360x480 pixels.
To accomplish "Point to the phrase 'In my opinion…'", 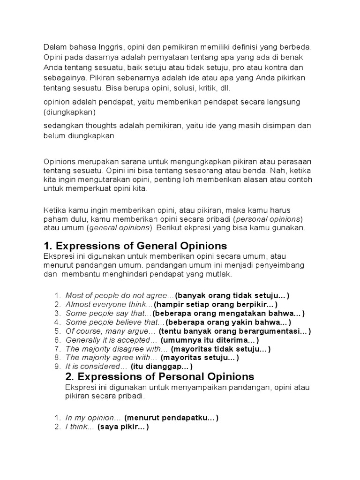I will coord(94,417).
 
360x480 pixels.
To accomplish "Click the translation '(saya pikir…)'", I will coord(123,427).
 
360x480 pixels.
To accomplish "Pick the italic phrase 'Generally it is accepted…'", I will coord(111,340).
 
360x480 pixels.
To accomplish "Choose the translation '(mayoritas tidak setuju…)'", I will coord(220,349).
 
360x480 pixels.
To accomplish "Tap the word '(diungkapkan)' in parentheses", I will coord(70,112).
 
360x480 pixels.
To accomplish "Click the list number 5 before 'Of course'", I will coord(57,331).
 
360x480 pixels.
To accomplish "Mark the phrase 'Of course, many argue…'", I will coord(110,331).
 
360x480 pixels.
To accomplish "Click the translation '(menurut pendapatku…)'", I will coord(172,417).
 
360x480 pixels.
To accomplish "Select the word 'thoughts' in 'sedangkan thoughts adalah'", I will coord(96,126).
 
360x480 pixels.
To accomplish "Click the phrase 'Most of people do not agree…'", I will coord(120,295).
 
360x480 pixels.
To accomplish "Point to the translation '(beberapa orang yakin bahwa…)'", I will coord(228,322).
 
